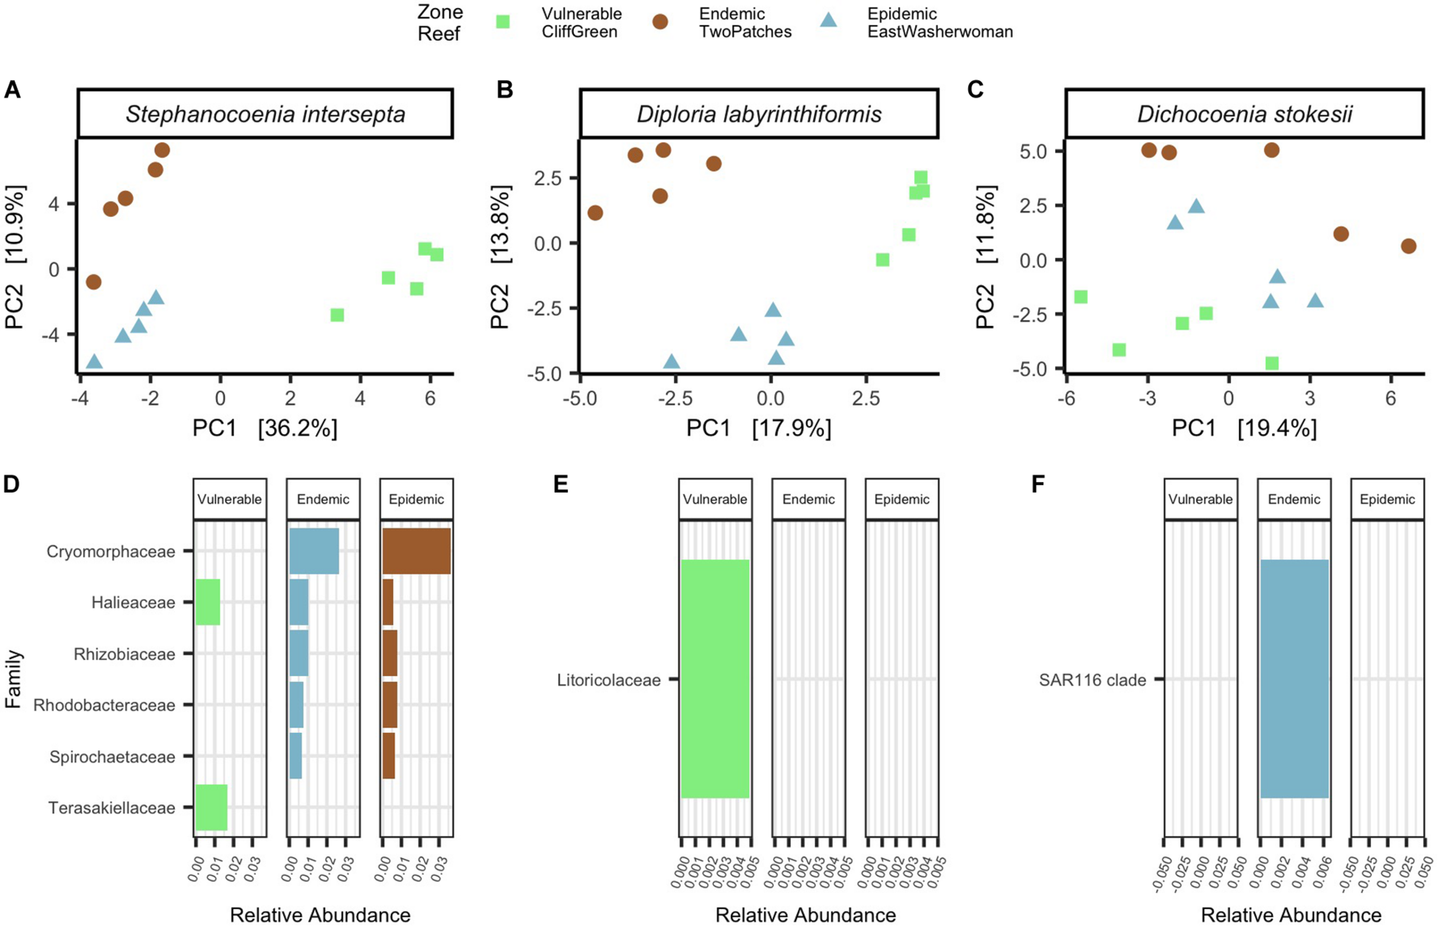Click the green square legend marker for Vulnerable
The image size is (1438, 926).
pyautogui.click(x=502, y=22)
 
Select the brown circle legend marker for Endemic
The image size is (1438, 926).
pyautogui.click(x=660, y=22)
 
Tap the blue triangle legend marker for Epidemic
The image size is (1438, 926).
pyautogui.click(x=828, y=21)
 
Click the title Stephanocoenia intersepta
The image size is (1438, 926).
pyautogui.click(x=265, y=114)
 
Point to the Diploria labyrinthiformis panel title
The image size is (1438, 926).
pyautogui.click(x=759, y=114)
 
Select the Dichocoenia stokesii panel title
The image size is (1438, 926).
pyautogui.click(x=1244, y=114)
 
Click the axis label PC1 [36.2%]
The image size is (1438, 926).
pyautogui.click(x=265, y=428)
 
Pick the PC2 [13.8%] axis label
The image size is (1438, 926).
pyautogui.click(x=500, y=257)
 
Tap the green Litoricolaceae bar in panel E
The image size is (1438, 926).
pyautogui.click(x=716, y=679)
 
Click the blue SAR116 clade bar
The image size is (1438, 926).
pyautogui.click(x=1294, y=679)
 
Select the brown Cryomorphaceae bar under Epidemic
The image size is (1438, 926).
pyautogui.click(x=416, y=551)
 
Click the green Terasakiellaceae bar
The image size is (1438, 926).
pyautogui.click(x=212, y=808)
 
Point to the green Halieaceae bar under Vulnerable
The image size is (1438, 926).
pyautogui.click(x=208, y=602)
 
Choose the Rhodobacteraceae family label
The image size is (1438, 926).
pyautogui.click(x=104, y=705)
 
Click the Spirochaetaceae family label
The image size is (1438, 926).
pyautogui.click(x=112, y=756)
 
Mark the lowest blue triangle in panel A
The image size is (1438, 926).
pyautogui.click(x=94, y=362)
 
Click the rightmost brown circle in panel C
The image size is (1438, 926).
pyautogui.click(x=1409, y=246)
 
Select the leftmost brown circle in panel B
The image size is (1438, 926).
pyautogui.click(x=595, y=213)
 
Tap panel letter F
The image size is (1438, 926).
pyautogui.click(x=1038, y=484)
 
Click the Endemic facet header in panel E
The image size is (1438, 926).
pyautogui.click(x=809, y=499)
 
